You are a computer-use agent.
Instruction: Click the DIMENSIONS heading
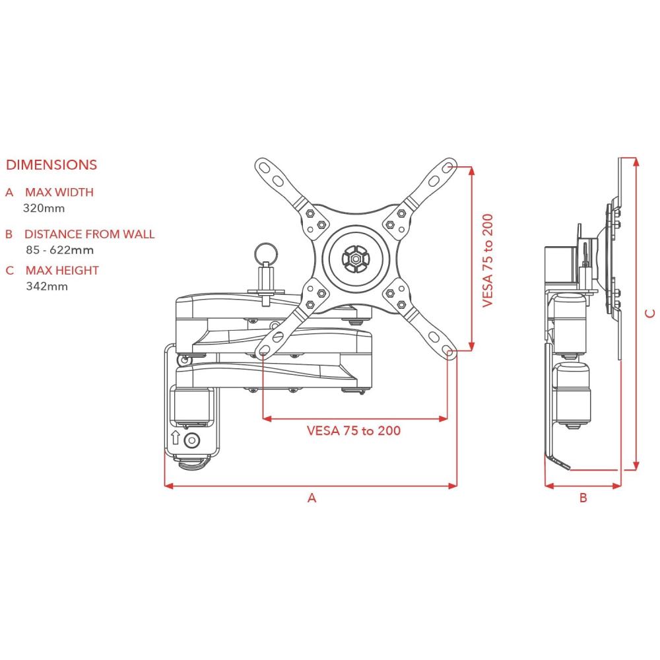pyautogui.click(x=51, y=165)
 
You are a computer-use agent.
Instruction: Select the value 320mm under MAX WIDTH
pyautogui.click(x=44, y=208)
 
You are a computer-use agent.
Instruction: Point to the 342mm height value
pyautogui.click(x=47, y=286)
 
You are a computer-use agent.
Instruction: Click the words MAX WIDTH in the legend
pyautogui.click(x=59, y=193)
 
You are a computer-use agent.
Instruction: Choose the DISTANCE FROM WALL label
pyautogui.click(x=89, y=234)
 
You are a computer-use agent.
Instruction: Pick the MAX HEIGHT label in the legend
pyautogui.click(x=62, y=271)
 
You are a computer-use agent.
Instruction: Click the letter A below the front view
pyautogui.click(x=312, y=498)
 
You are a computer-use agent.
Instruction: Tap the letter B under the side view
pyautogui.click(x=583, y=498)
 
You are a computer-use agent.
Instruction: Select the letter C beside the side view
pyautogui.click(x=650, y=312)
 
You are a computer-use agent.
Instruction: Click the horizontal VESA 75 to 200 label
pyautogui.click(x=354, y=431)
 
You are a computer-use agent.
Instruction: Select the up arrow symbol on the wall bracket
pyautogui.click(x=176, y=437)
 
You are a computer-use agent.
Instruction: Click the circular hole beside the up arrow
pyautogui.click(x=192, y=440)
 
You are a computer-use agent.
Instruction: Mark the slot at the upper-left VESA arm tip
pyautogui.click(x=265, y=168)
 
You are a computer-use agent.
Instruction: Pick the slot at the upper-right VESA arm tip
pyautogui.click(x=447, y=168)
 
